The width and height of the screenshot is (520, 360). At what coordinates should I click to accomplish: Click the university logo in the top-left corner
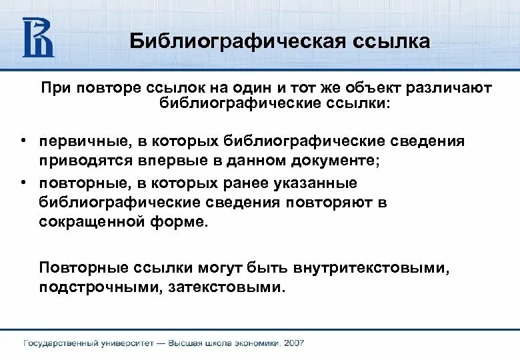[x=38, y=37]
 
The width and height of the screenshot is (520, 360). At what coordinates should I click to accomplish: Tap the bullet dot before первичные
[x=22, y=141]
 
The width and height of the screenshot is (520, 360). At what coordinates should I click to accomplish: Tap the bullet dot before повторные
[x=22, y=183]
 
